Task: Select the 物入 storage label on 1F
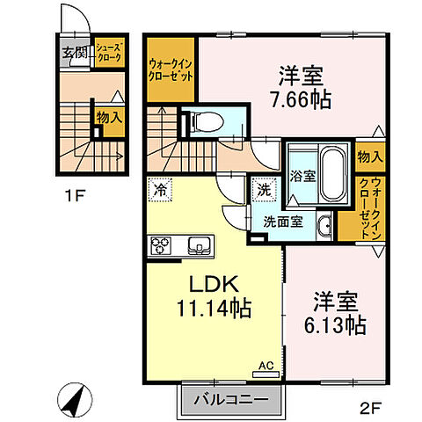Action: pos(110,115)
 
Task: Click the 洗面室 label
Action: pos(284,222)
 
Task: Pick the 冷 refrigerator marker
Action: pos(161,188)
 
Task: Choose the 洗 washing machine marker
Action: pos(264,188)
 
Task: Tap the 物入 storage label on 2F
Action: pos(371,156)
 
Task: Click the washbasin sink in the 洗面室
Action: pos(323,223)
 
